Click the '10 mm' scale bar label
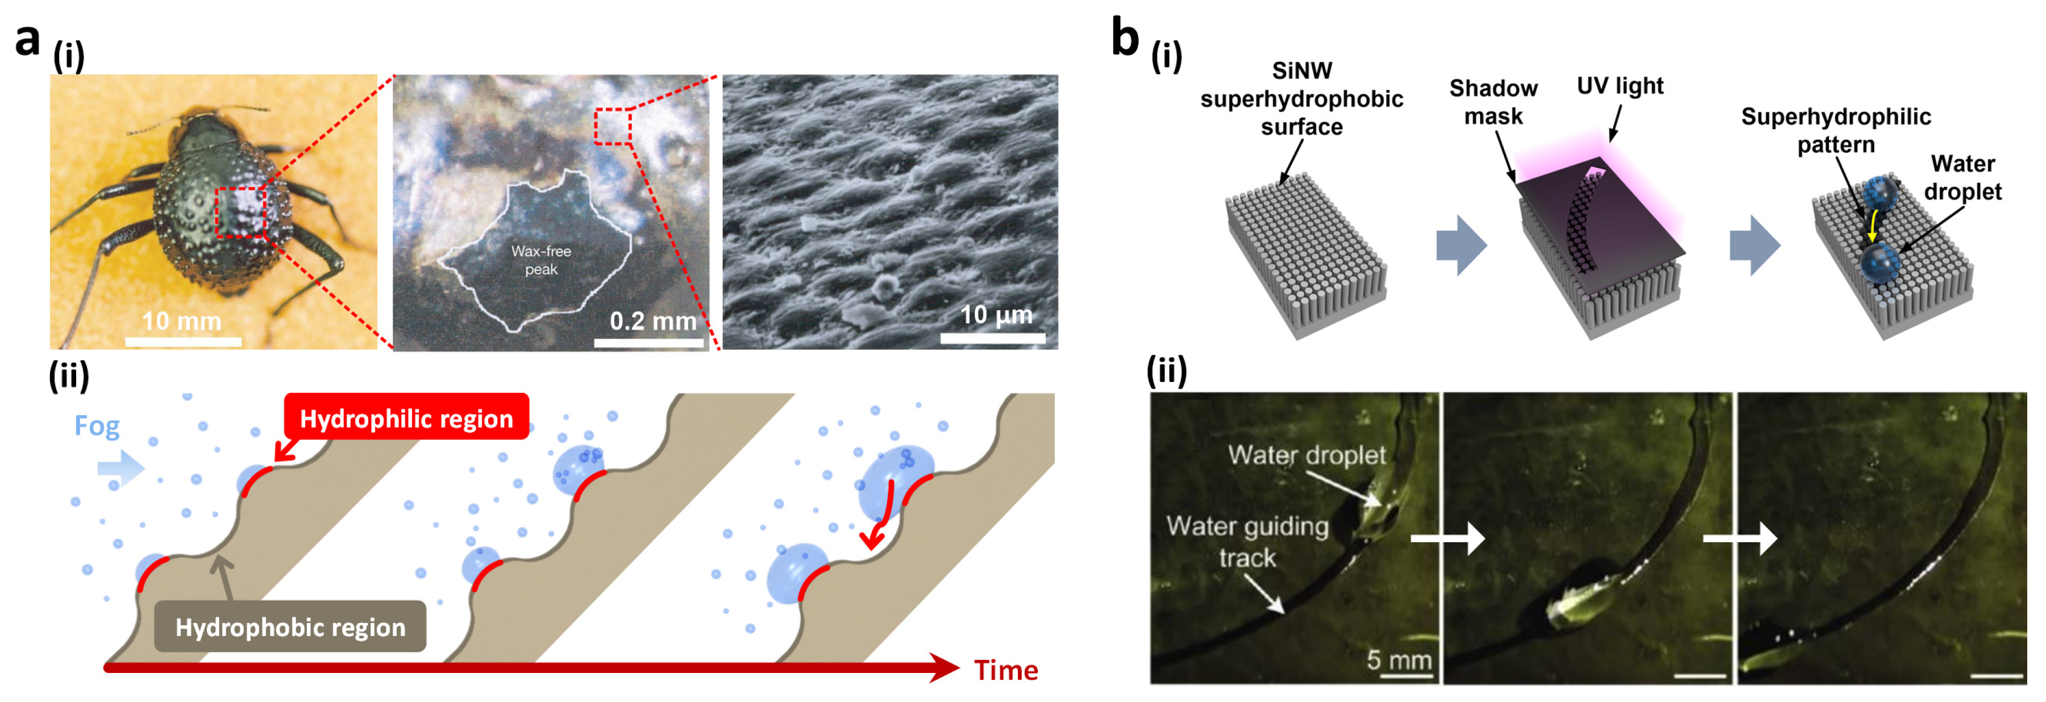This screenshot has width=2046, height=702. coord(181,321)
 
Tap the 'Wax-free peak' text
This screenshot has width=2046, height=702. coord(541,260)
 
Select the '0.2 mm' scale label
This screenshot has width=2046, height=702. coord(652,321)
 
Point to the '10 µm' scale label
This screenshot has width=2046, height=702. coord(996,315)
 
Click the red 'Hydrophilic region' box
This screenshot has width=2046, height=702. coord(406,418)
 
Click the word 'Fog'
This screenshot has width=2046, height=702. coord(97,426)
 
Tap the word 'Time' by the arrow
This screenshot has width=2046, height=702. coord(1005,670)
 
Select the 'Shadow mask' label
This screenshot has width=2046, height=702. coord(1493,102)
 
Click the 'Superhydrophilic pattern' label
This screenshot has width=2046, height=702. coord(1836,130)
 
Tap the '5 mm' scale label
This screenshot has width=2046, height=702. coord(1399,659)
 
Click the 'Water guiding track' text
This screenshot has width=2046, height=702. coord(1247,542)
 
